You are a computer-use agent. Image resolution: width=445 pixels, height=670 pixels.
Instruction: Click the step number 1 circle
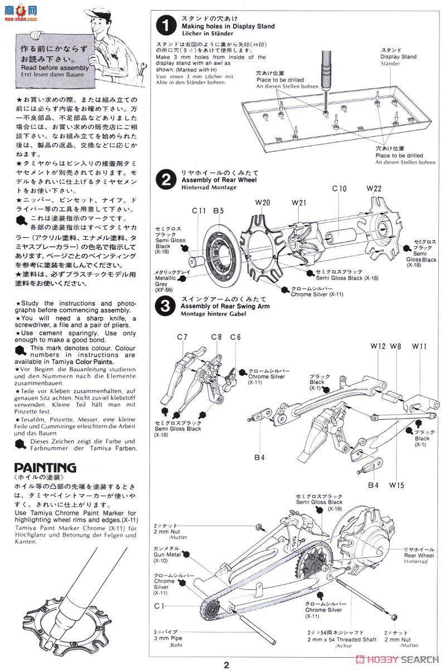pos(165,26)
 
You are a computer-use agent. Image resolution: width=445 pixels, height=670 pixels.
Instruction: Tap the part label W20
pos(263,202)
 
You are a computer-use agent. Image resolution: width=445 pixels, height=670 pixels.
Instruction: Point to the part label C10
pos(340,189)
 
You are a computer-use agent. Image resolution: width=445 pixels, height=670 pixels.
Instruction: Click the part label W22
pos(374,189)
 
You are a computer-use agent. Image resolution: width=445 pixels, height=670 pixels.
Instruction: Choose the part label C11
pos(200,210)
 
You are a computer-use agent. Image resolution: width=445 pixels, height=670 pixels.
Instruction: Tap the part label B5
pos(219,210)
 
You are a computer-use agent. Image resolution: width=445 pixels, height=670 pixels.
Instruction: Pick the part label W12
pos(378,347)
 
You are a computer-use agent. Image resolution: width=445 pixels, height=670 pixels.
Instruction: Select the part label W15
pos(397,485)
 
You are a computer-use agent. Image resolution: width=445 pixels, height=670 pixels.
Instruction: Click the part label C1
pos(159,605)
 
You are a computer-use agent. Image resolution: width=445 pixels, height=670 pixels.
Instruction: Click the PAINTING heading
pos(45,467)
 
